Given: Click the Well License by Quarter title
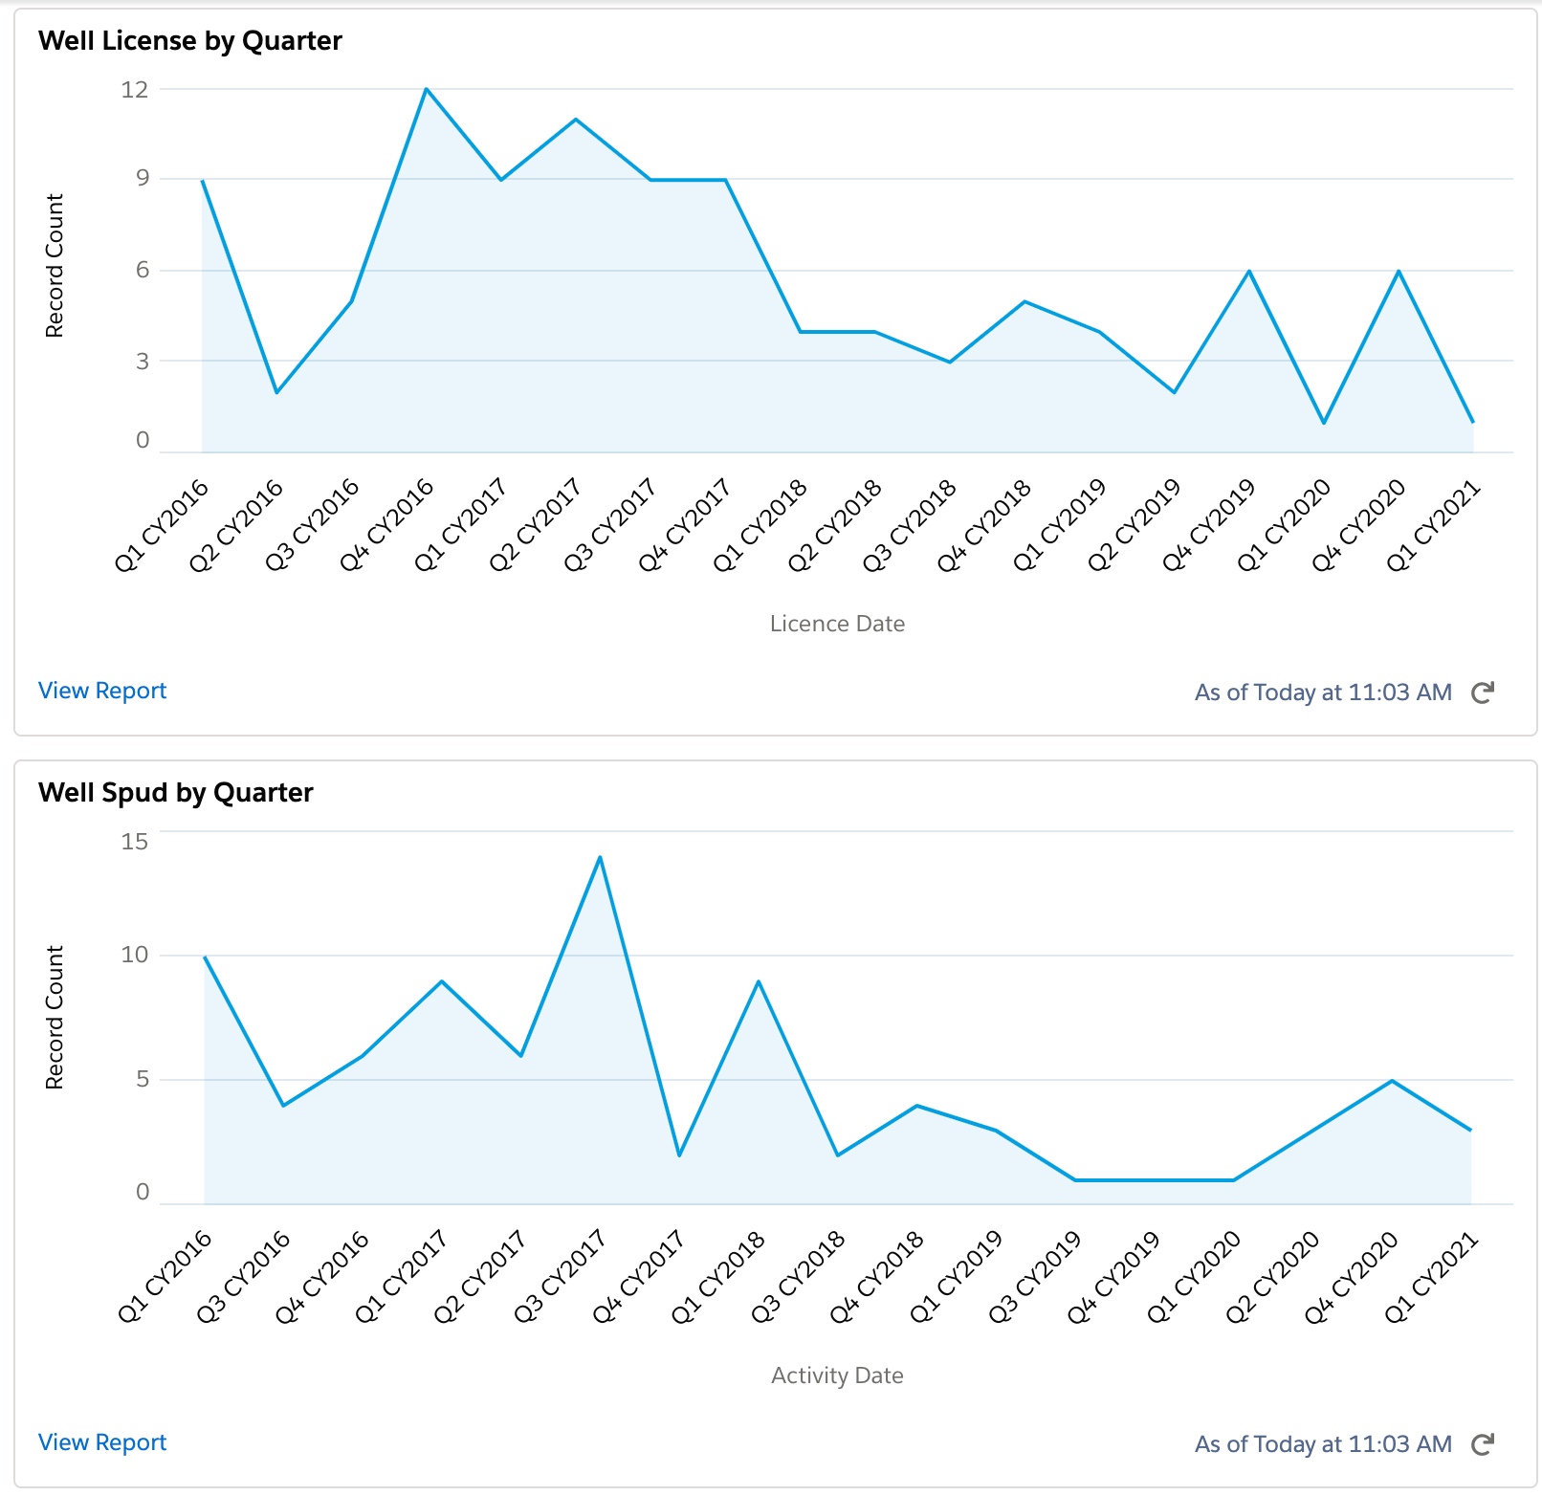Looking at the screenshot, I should (189, 41).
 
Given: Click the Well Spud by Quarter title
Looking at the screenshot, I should (175, 793).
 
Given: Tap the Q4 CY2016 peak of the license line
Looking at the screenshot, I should (427, 89).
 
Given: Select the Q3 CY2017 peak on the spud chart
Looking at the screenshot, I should (600, 857).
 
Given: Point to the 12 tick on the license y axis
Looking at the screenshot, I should (135, 90).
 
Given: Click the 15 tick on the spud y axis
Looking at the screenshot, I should (135, 842).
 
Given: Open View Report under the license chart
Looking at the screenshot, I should (102, 691).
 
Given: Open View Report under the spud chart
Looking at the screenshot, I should (102, 1442).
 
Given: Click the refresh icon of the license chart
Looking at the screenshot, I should (1483, 693).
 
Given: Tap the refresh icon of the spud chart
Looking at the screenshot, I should (1483, 1444).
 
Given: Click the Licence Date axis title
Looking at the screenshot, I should (837, 624).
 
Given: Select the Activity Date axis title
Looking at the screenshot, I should (837, 1375).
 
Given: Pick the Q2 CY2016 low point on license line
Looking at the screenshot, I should (276, 392).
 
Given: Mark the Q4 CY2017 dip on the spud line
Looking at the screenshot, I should (679, 1155).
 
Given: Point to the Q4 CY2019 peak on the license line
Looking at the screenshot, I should (1249, 272).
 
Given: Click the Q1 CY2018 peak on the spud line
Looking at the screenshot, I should (759, 981).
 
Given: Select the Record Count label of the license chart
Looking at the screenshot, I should (55, 266).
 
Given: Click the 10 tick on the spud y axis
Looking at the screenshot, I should (135, 955).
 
